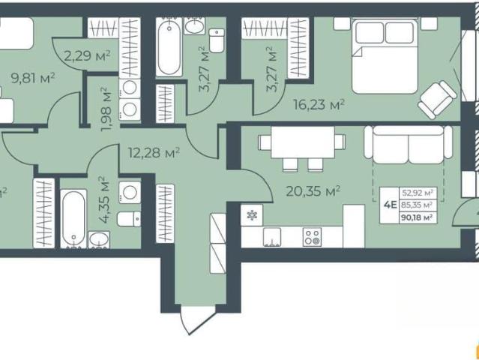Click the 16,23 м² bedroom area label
[x=319, y=105]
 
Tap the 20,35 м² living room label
[x=313, y=191]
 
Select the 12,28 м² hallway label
[x=154, y=152]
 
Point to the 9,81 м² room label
[x=33, y=78]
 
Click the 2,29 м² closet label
[x=87, y=56]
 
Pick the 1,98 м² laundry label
[x=106, y=109]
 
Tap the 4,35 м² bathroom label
[x=104, y=199]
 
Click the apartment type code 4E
[x=390, y=205]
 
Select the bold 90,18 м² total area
[x=418, y=217]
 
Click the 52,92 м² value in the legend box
[x=418, y=193]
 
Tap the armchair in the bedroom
[x=437, y=99]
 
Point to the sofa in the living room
[x=408, y=144]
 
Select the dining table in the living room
[x=303, y=142]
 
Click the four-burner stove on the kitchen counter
[x=312, y=237]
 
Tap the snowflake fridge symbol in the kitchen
[x=252, y=215]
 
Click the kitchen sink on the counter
[x=272, y=237]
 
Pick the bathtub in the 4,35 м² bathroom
[x=73, y=218]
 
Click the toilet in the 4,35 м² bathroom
[x=129, y=219]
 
